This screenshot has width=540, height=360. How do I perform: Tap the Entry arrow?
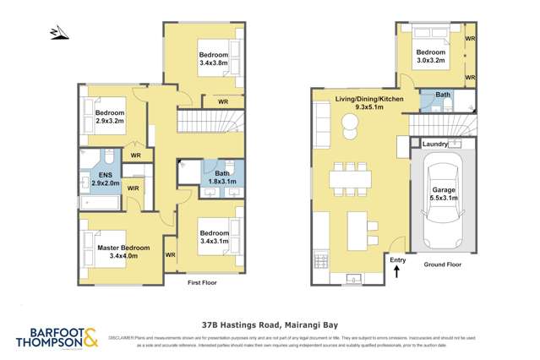(x=397, y=270)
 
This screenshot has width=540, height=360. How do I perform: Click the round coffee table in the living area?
(x=349, y=127)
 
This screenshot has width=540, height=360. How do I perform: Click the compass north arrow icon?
(x=57, y=32)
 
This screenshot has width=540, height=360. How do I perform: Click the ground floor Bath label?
(x=442, y=95)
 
